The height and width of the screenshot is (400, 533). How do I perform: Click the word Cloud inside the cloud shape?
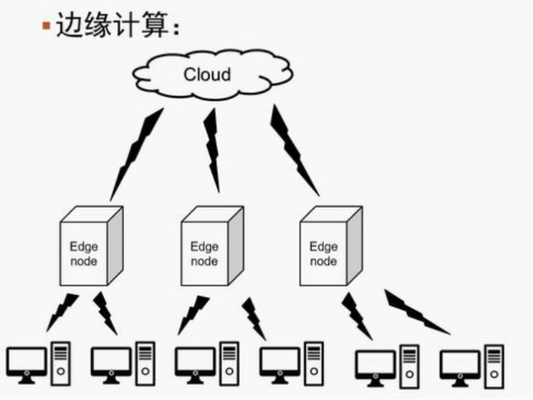click(207, 75)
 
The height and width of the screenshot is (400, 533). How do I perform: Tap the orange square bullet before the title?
click(47, 26)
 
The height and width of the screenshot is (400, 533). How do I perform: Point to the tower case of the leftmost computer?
click(61, 362)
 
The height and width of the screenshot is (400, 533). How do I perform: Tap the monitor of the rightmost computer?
click(459, 364)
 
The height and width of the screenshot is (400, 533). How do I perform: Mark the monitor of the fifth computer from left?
click(375, 364)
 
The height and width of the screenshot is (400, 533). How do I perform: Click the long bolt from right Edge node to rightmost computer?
click(415, 312)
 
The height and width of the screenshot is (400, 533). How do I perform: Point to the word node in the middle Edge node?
click(205, 261)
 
